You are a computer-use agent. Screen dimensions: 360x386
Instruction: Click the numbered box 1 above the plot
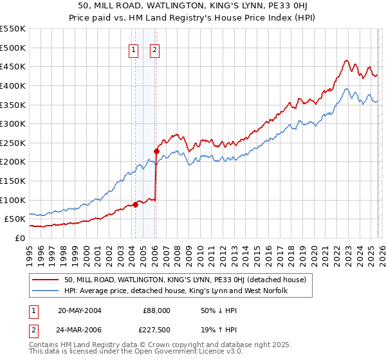134,51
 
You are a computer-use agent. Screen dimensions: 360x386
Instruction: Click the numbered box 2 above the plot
156,51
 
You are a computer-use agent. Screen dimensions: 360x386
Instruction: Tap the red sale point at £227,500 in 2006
156,152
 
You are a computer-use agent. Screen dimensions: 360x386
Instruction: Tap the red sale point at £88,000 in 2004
135,204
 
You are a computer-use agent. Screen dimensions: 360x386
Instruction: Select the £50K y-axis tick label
15,219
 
